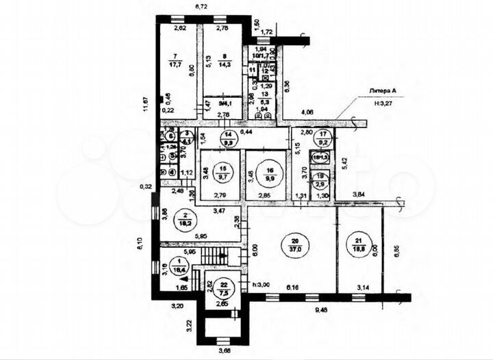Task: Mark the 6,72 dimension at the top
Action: [x=201, y=7]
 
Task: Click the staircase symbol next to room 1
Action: [x=221, y=258]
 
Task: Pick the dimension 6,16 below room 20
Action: [x=294, y=287]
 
